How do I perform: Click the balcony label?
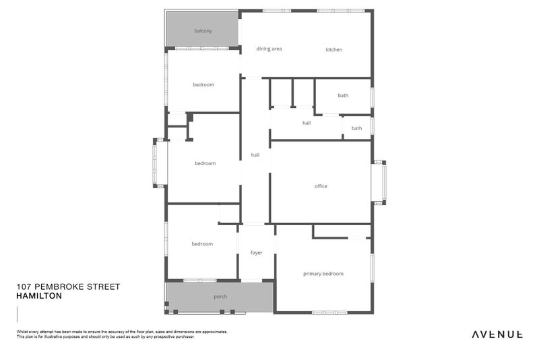click(x=203, y=31)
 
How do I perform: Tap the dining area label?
click(x=269, y=49)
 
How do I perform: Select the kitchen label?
click(x=334, y=50)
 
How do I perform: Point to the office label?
click(x=321, y=186)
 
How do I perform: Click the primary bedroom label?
click(x=323, y=274)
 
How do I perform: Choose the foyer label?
click(x=256, y=253)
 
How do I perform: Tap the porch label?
click(x=220, y=297)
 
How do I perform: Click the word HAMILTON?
click(x=39, y=296)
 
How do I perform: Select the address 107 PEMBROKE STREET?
click(x=68, y=287)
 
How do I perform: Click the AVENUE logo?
click(x=497, y=334)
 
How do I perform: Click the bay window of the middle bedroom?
click(x=159, y=162)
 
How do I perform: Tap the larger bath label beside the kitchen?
click(x=343, y=96)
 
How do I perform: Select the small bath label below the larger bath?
click(x=356, y=128)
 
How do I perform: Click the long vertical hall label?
click(x=255, y=155)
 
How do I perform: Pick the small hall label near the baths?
click(x=307, y=123)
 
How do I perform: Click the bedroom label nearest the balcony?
click(x=203, y=85)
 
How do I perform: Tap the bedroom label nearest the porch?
click(x=202, y=244)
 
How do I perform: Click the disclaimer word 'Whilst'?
click(x=22, y=332)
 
